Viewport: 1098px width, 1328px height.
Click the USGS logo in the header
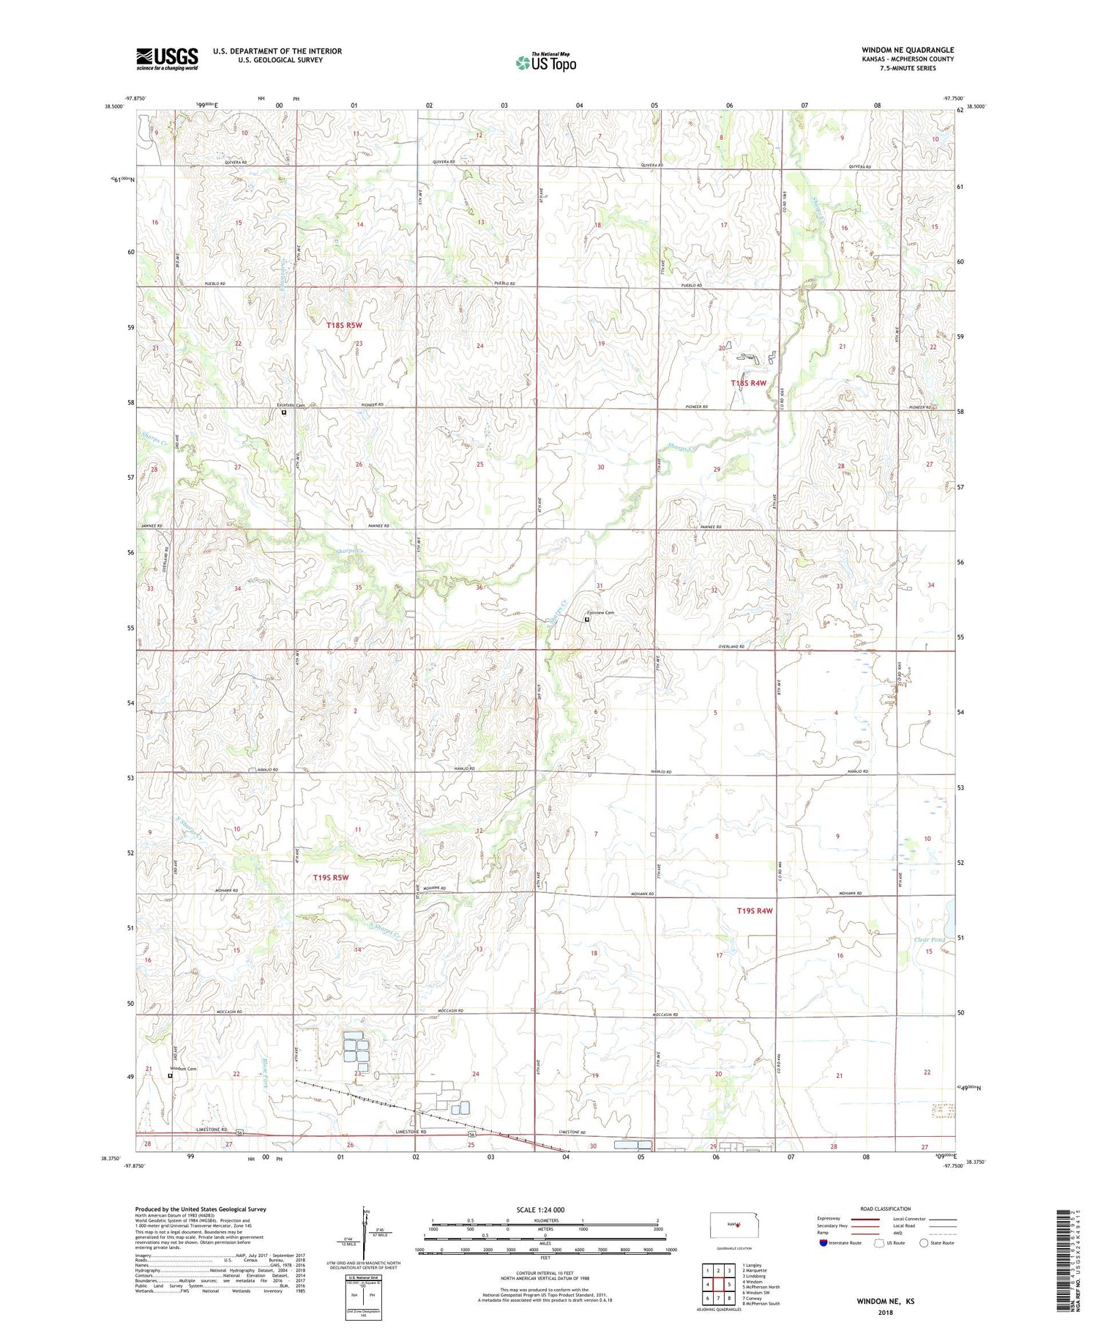coord(167,59)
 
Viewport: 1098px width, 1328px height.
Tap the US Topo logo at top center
coord(545,63)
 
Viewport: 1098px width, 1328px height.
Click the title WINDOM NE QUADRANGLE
coord(908,51)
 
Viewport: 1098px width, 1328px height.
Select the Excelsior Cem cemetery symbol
coord(284,412)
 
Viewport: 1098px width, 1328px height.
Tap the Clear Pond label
coord(930,939)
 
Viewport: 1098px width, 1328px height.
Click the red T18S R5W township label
coord(344,324)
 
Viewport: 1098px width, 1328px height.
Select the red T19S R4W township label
coord(755,910)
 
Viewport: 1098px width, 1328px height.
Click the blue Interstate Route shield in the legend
coord(823,1243)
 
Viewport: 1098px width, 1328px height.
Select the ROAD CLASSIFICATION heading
coord(885,1209)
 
